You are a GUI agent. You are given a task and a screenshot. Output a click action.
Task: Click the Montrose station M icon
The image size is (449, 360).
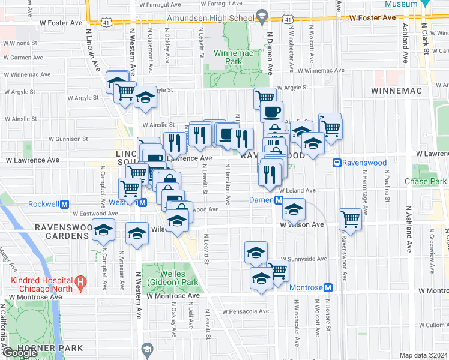328,287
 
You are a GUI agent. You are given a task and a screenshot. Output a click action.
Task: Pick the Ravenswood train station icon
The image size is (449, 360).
338,162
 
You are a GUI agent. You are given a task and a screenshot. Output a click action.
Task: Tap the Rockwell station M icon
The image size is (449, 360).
63,203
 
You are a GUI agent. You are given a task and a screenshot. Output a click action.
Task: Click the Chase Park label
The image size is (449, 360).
425,181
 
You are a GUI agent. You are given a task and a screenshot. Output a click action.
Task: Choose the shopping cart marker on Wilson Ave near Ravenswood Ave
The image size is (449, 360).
350,219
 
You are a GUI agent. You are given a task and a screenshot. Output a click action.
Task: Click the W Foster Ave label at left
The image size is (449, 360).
61,23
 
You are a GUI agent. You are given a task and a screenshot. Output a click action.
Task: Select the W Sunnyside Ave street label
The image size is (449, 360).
305,259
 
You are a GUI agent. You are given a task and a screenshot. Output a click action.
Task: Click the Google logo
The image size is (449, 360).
19,353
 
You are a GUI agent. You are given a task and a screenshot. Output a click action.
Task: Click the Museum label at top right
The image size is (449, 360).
401,4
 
